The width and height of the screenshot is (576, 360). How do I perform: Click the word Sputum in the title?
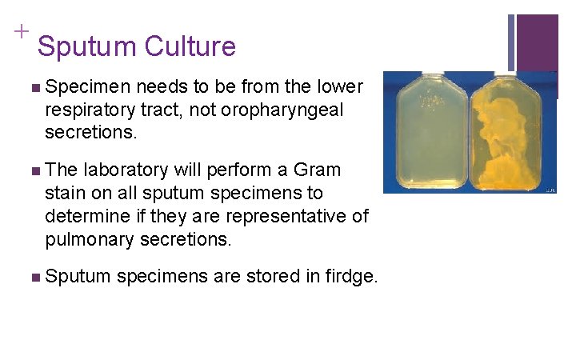click(87, 46)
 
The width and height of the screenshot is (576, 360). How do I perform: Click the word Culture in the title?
click(190, 46)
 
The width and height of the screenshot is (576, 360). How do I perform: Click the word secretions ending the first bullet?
click(91, 132)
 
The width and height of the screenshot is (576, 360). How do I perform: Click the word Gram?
click(318, 170)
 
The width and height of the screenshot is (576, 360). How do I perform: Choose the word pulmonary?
click(86, 238)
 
